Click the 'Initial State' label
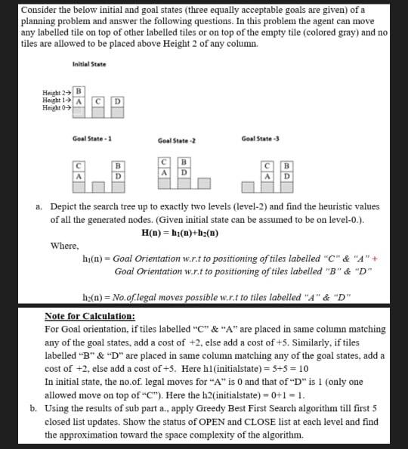[89, 64]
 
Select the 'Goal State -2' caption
[177, 141]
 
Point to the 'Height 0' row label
[57, 108]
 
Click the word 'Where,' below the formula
[63, 245]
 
